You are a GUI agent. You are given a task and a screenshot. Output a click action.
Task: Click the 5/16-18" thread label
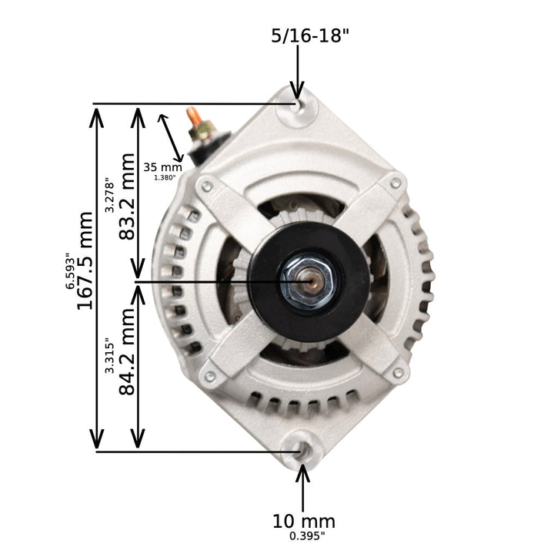coord(311,35)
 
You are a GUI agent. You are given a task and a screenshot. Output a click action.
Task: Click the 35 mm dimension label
coord(163,166)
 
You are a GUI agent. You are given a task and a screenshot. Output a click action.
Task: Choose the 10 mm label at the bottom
coord(304,522)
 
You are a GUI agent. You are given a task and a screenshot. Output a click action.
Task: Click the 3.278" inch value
coord(111,196)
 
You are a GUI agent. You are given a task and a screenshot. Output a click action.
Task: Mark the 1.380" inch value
coord(165,178)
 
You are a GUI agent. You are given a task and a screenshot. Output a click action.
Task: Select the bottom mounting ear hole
coord(300,450)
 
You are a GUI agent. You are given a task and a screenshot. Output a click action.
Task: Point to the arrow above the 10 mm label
coord(303,485)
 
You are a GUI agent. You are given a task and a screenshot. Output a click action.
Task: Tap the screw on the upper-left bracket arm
coord(206,186)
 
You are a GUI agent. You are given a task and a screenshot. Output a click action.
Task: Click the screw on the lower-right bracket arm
coord(398,374)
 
